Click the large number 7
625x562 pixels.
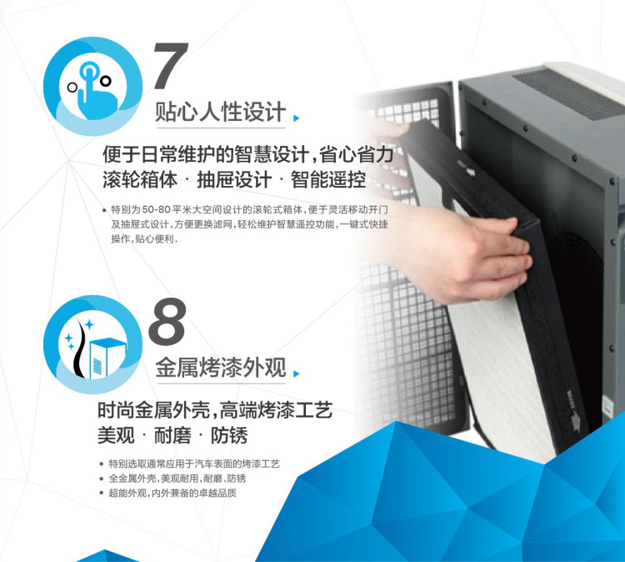[171, 66]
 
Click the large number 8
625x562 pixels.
[167, 322]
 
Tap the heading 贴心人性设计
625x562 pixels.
[221, 111]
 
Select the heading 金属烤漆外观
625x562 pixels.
[221, 367]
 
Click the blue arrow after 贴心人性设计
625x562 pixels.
[296, 118]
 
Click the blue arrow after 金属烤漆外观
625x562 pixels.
[296, 374]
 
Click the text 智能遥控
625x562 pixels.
[328, 179]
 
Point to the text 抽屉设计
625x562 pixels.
[234, 179]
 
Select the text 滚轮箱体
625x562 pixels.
[140, 179]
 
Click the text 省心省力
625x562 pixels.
[357, 154]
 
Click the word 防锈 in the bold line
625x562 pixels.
[229, 435]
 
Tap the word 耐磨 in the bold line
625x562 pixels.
[172, 435]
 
